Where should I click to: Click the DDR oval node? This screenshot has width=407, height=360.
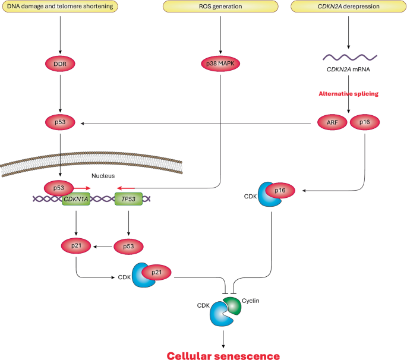click(x=60, y=64)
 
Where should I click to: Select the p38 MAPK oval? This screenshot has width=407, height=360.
click(x=220, y=64)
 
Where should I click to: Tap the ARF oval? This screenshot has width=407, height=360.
click(x=332, y=122)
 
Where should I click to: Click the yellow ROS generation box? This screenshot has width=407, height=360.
click(x=220, y=6)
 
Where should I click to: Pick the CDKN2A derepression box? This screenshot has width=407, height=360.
click(x=348, y=6)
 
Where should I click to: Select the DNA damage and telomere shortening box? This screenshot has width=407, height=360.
click(x=60, y=6)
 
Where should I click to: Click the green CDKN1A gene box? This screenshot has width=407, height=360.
click(x=76, y=199)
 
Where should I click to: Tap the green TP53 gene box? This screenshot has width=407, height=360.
click(x=128, y=199)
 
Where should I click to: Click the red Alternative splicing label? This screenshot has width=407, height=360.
click(x=348, y=94)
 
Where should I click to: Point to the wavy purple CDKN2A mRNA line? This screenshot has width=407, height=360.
click(x=349, y=58)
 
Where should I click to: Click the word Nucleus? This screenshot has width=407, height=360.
click(x=103, y=176)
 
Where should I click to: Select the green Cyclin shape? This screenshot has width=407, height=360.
click(x=232, y=305)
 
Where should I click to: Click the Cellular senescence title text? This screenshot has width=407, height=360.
click(x=223, y=356)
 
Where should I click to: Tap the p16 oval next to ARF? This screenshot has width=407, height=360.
click(x=365, y=122)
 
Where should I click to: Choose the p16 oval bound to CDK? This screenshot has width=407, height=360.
click(x=280, y=191)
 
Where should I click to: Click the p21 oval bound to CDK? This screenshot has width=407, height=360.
click(x=156, y=272)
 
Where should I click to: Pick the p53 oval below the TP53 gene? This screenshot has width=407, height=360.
click(x=128, y=247)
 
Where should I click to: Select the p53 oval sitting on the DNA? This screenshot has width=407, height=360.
click(x=59, y=188)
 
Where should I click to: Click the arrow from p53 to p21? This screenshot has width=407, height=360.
click(x=103, y=247)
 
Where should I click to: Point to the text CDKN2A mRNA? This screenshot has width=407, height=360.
click(x=348, y=70)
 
